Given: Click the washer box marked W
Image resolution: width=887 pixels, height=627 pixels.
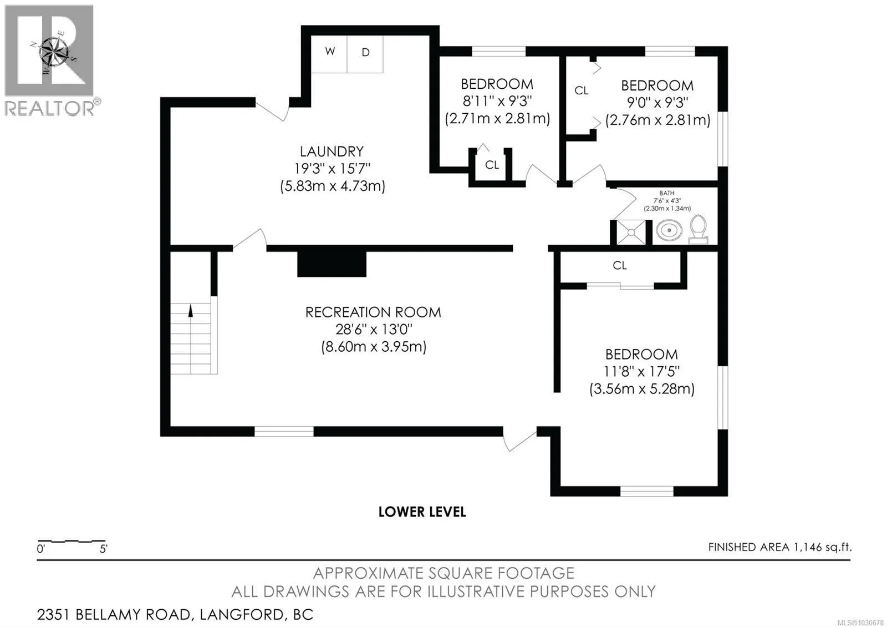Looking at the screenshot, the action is [329, 54].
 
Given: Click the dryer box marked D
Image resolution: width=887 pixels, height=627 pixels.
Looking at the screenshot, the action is [365, 54].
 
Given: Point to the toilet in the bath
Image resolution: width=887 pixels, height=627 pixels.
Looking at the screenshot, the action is [698, 230].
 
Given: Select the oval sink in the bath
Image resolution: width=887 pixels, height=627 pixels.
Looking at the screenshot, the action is [669, 230].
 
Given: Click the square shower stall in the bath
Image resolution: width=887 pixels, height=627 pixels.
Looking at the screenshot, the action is [631, 232].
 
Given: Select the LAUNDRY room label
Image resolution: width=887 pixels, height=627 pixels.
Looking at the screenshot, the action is [332, 151].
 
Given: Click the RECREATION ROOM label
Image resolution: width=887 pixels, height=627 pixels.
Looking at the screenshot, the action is [373, 312].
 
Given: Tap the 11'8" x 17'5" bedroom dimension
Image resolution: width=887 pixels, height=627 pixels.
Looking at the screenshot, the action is [641, 371].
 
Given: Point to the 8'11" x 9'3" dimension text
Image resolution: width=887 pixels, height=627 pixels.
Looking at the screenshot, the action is [497, 101].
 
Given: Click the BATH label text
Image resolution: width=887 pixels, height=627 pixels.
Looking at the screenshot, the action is [667, 193].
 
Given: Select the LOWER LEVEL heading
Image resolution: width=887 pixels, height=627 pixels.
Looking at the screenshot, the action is [422, 512].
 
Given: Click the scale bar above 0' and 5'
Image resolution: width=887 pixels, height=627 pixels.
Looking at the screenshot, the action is [72, 540].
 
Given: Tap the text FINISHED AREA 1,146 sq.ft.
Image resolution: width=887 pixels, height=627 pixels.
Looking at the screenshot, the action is [779, 547].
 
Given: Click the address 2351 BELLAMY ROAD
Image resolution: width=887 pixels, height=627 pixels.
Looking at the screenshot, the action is [114, 615].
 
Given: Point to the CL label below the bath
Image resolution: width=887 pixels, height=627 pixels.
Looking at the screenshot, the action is [620, 265].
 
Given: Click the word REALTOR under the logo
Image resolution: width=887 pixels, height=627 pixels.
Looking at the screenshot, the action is [50, 108].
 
